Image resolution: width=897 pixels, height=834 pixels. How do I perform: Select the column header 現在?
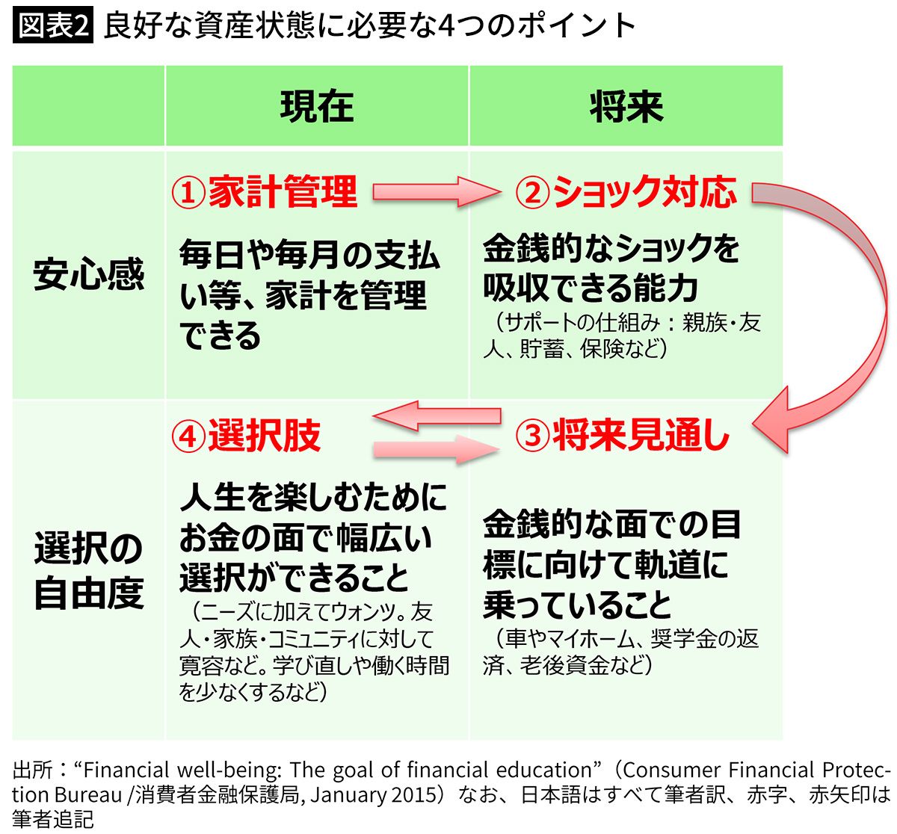[316, 106]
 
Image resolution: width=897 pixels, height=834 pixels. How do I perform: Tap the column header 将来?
[626, 106]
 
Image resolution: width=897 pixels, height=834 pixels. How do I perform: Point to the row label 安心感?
[88, 274]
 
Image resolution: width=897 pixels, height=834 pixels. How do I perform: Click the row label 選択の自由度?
[88, 571]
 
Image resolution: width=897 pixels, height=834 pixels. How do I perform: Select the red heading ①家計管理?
[265, 192]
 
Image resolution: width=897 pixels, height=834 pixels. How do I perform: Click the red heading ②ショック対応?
[626, 192]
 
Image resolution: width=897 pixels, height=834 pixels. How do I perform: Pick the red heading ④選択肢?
[246, 436]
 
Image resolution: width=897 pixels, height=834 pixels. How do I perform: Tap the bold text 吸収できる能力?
[590, 288]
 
